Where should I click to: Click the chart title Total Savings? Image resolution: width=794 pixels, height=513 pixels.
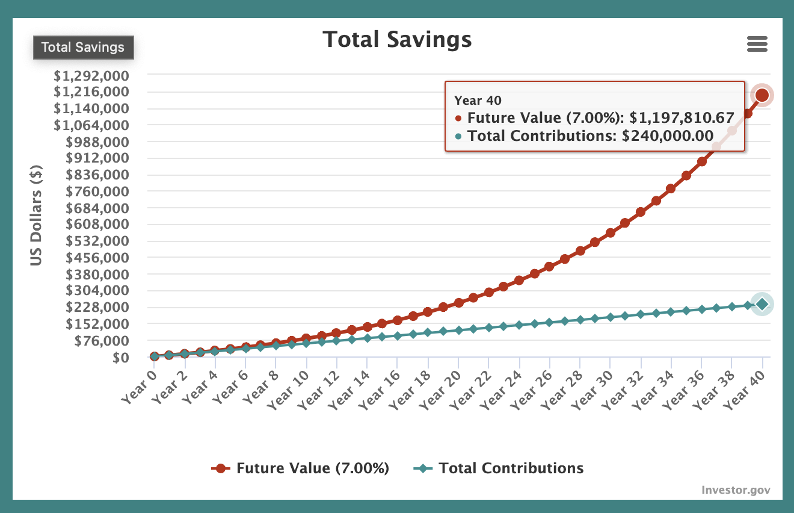click(x=397, y=40)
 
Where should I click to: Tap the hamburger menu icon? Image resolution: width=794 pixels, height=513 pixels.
click(x=757, y=44)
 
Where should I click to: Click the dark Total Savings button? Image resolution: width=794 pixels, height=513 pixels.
click(x=83, y=48)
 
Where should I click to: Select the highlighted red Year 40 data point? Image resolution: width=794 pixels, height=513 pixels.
click(x=762, y=95)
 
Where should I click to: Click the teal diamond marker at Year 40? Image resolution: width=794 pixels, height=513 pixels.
click(x=762, y=304)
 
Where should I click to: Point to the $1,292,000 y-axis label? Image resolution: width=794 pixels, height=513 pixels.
click(x=99, y=76)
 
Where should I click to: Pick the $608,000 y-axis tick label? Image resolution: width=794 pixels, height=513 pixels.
click(x=99, y=224)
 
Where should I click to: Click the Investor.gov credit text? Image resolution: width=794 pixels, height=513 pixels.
click(x=735, y=490)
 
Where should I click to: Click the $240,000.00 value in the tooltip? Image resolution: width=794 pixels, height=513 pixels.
click(x=668, y=136)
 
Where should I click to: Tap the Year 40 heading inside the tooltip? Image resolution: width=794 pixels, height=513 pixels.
click(x=478, y=101)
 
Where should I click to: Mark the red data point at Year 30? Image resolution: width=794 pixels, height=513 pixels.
click(x=611, y=232)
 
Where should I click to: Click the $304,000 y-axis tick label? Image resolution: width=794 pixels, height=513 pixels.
click(x=99, y=290)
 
